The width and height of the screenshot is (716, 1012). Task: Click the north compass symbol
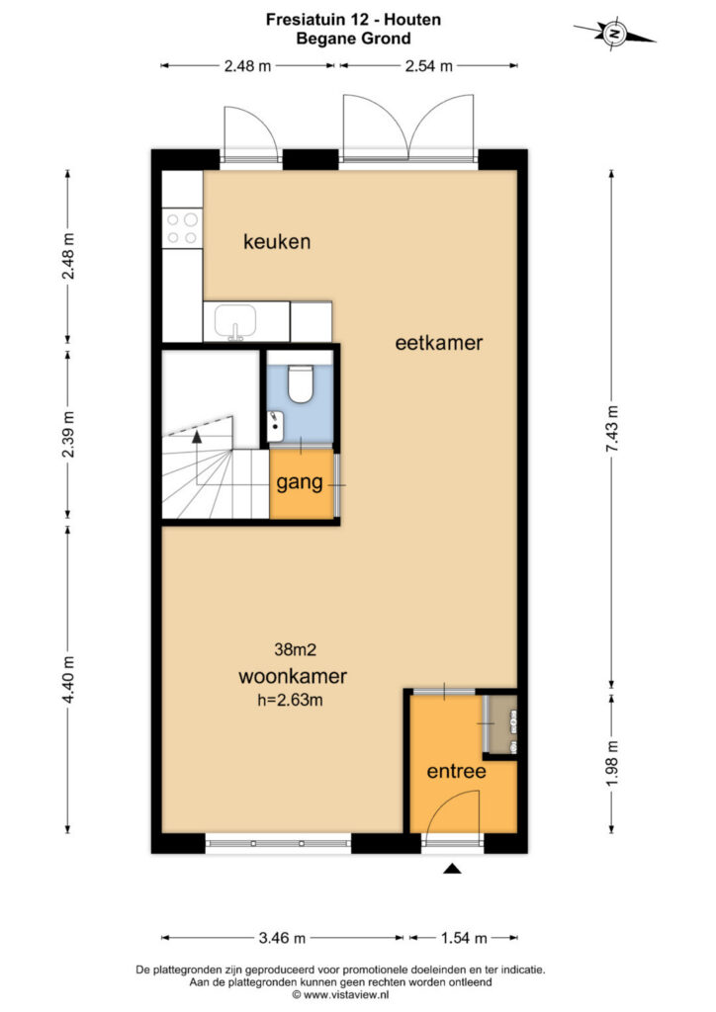pyautogui.click(x=615, y=32)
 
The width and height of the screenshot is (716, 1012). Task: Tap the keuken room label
pyautogui.click(x=277, y=242)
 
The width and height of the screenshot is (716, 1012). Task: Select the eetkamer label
pyautogui.click(x=439, y=343)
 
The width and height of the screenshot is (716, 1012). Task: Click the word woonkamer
pyautogui.click(x=293, y=676)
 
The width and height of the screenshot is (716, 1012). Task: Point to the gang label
pyautogui.click(x=300, y=482)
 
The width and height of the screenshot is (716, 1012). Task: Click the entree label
pyautogui.click(x=457, y=771)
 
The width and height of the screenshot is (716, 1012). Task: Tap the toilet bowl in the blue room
pyautogui.click(x=301, y=384)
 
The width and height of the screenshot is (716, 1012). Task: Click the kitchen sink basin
pyautogui.click(x=235, y=321)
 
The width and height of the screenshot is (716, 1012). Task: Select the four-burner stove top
pyautogui.click(x=181, y=228)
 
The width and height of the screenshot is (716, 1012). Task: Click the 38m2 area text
pyautogui.click(x=295, y=650)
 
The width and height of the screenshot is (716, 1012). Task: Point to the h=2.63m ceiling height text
pyautogui.click(x=290, y=700)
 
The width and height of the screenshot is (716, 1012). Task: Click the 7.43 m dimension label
pyautogui.click(x=612, y=429)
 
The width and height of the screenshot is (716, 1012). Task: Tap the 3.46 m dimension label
pyautogui.click(x=282, y=938)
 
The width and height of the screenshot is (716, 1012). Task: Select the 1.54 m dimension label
pyautogui.click(x=464, y=938)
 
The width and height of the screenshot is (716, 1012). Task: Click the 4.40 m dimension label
pyautogui.click(x=68, y=680)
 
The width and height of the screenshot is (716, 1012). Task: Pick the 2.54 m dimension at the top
pyautogui.click(x=428, y=66)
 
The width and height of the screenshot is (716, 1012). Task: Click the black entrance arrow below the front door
pyautogui.click(x=452, y=869)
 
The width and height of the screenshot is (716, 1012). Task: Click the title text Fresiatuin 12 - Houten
pyautogui.click(x=353, y=20)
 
